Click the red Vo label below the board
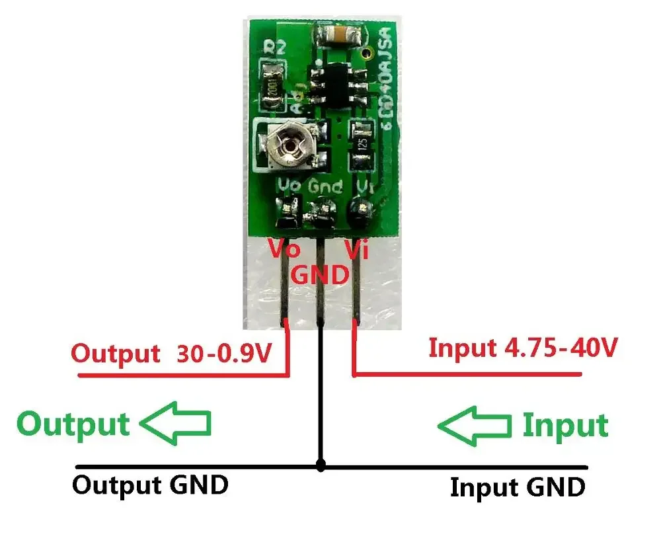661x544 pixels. [x=284, y=250]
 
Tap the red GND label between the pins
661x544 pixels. [x=320, y=273]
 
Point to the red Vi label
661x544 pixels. [x=357, y=250]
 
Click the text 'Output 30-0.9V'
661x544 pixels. [x=171, y=354]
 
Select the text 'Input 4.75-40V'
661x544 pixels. [x=523, y=347]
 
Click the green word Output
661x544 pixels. [x=73, y=423]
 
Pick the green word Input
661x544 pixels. [x=565, y=426]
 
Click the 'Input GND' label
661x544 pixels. [x=518, y=488]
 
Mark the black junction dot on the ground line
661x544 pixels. [x=321, y=466]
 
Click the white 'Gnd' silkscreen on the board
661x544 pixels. [x=325, y=188]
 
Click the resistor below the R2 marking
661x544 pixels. [x=274, y=84]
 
